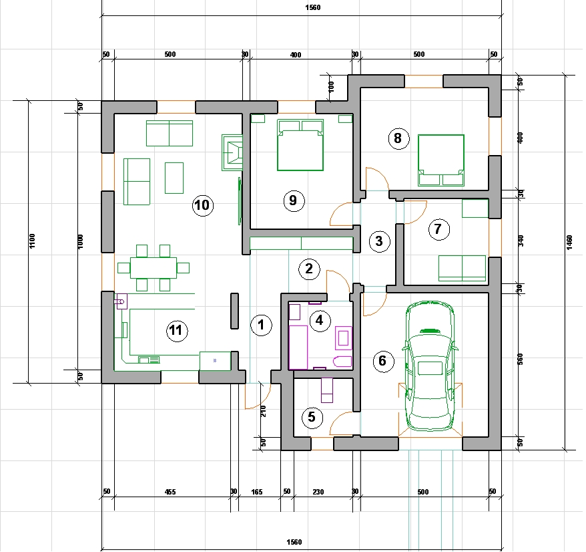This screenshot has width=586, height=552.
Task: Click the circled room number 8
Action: pos(398,138)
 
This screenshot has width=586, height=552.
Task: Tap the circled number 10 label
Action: pos(202,205)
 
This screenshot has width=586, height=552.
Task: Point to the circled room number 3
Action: pos(379,241)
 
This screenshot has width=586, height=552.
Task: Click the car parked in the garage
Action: pos(430,366)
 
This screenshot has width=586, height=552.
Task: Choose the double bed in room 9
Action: pos(300,145)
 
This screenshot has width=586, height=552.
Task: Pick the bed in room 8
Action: pos(441,160)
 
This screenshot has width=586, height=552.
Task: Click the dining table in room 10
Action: pos(154,267)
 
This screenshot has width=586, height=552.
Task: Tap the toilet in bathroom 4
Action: pos(342,362)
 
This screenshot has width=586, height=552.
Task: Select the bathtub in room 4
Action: pos(298,348)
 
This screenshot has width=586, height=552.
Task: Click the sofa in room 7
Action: pos(462,268)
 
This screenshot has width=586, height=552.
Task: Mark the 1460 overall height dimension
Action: pos(569,243)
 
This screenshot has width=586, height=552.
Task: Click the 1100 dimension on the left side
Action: pos(32,241)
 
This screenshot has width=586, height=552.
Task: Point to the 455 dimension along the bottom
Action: pos(170,492)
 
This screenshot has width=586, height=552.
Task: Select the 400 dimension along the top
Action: pos(296,55)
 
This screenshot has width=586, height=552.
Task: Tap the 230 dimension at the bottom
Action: pos(318,492)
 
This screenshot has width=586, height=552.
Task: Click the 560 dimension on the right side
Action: pos(521,359)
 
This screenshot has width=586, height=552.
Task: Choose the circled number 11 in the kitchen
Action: pos(176,331)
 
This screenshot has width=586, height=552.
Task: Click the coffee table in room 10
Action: pos(174,178)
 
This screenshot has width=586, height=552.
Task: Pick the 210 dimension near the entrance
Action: pos(264,411)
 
